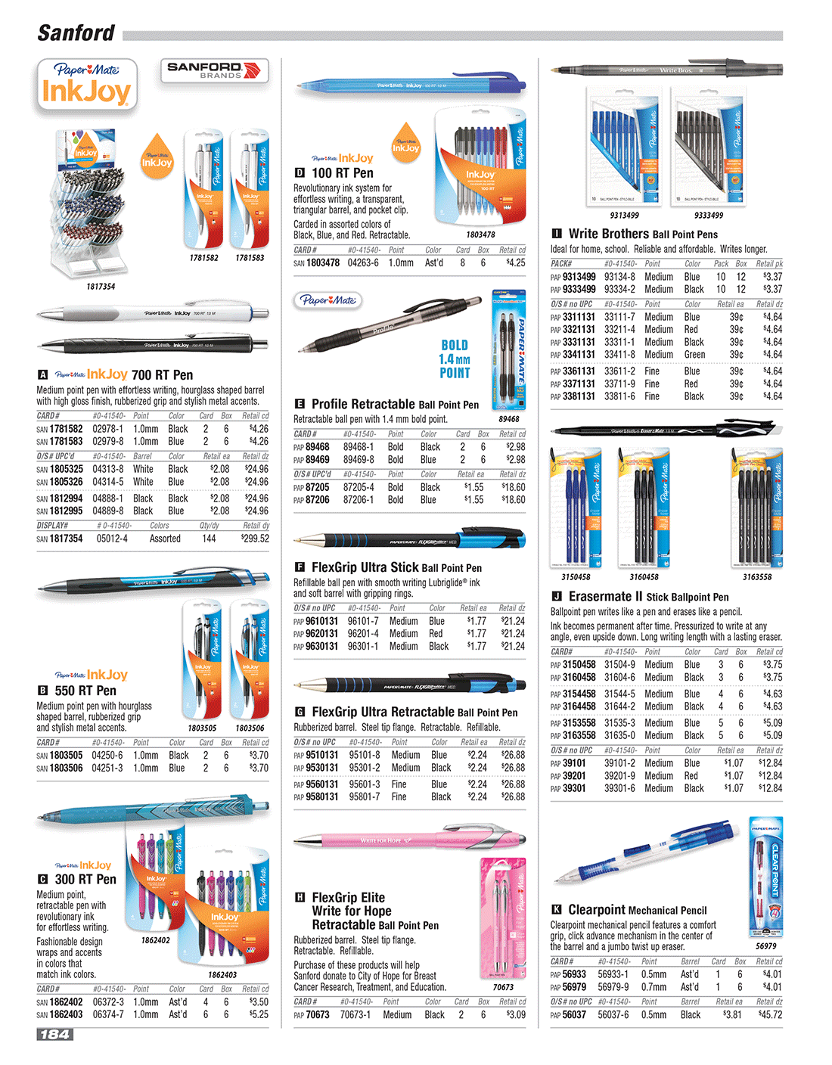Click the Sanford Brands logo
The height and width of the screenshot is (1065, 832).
pyautogui.click(x=215, y=71)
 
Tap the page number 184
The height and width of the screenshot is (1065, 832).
pyautogui.click(x=55, y=1034)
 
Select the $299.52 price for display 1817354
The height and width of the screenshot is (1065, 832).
pyautogui.click(x=255, y=539)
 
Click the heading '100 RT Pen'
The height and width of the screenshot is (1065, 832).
pyautogui.click(x=342, y=173)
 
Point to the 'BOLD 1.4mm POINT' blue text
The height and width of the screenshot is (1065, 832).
pyautogui.click(x=455, y=359)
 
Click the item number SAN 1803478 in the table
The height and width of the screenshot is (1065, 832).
pyautogui.click(x=317, y=263)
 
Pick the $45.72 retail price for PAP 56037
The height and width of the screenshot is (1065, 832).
pyautogui.click(x=770, y=1014)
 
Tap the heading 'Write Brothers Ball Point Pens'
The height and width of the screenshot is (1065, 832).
pyautogui.click(x=643, y=234)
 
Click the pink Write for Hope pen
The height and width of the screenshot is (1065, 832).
pyautogui.click(x=408, y=840)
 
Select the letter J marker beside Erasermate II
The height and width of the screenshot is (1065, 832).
pyautogui.click(x=557, y=597)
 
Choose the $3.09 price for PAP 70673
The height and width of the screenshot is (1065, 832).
pyautogui.click(x=515, y=1014)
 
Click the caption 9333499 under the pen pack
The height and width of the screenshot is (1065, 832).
pyautogui.click(x=709, y=216)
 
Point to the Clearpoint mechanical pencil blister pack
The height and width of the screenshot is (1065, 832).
pyautogui.click(x=765, y=877)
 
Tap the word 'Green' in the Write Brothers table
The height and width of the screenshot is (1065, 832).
pyautogui.click(x=694, y=355)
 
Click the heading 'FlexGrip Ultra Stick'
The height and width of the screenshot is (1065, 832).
pyautogui.click(x=365, y=567)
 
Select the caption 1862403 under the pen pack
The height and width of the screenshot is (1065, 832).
pyautogui.click(x=222, y=975)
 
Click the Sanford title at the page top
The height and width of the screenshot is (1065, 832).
pyautogui.click(x=76, y=33)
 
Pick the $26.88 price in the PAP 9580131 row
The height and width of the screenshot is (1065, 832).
pyautogui.click(x=513, y=796)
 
